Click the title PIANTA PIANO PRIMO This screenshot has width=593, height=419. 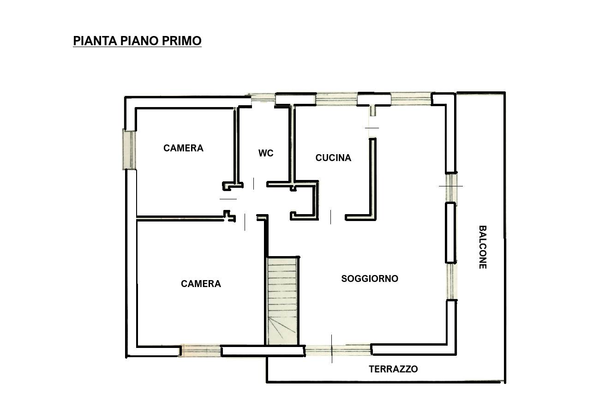137,41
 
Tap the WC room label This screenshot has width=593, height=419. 266,153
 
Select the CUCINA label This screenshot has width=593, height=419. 333,158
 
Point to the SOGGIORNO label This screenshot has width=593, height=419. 370,278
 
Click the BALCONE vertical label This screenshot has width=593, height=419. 483,247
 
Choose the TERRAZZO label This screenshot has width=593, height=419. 393,369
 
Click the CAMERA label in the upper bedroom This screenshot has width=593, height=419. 184,148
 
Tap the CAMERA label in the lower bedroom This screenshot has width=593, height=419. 201,284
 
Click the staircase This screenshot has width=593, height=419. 282,301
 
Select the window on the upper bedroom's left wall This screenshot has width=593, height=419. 129,149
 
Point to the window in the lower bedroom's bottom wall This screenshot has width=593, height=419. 200,350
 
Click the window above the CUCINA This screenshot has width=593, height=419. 337,100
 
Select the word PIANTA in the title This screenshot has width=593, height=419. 95,41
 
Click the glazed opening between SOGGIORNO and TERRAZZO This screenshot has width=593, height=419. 338,350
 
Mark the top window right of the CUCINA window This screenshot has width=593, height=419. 411,99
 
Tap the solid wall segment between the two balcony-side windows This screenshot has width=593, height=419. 451,233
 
